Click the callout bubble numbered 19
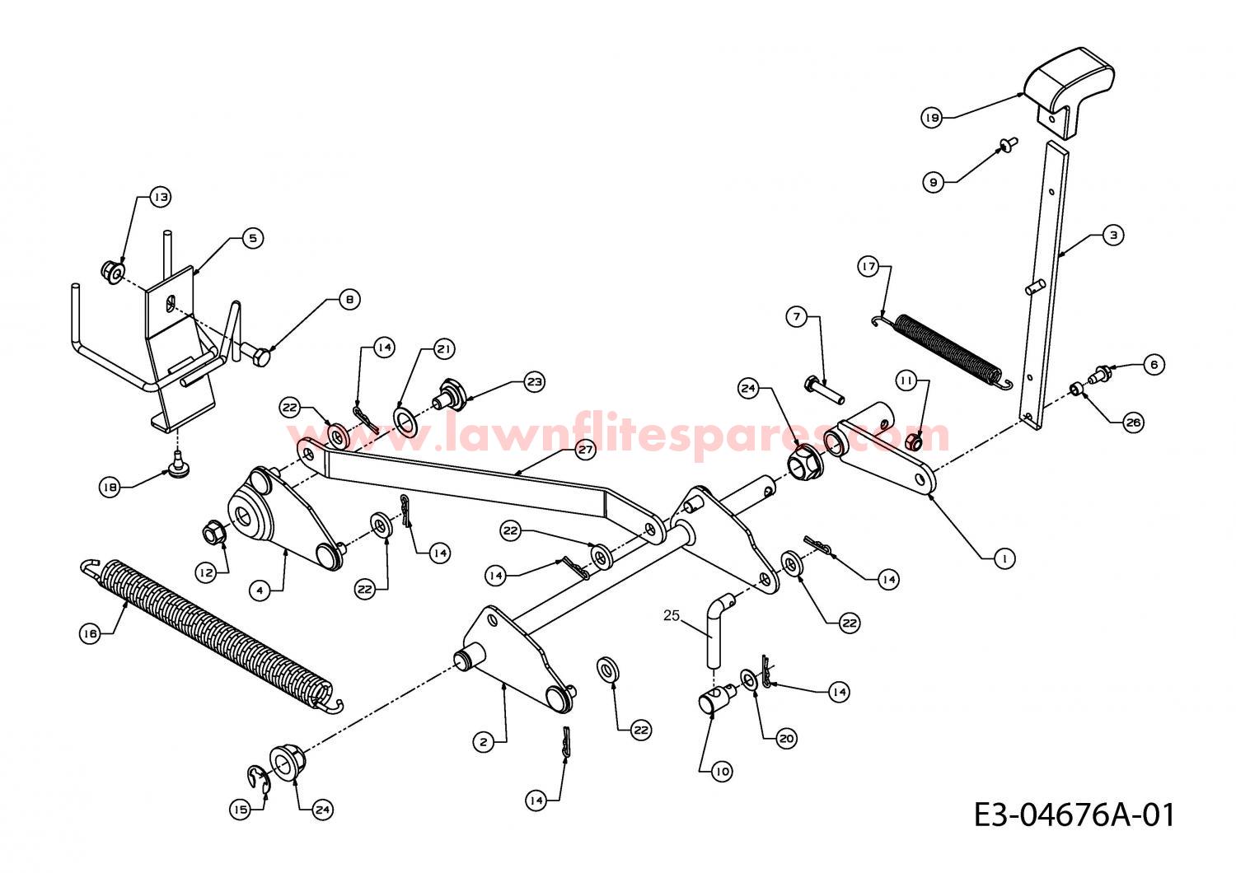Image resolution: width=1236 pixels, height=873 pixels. click(x=932, y=118)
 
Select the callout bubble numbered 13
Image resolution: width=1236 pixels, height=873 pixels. click(x=161, y=197)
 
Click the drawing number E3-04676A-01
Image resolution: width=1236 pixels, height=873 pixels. click(x=1074, y=815)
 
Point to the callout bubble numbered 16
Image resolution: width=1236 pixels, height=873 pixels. click(x=90, y=633)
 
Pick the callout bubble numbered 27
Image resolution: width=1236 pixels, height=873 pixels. click(x=585, y=450)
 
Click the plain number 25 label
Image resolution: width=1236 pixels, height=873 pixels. click(x=672, y=615)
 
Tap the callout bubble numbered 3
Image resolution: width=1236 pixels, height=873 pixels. click(x=1113, y=235)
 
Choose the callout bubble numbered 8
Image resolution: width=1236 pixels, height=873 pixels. click(x=350, y=300)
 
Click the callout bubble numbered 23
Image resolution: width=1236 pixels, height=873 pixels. click(x=534, y=381)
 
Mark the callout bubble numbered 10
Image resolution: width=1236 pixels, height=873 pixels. click(x=722, y=771)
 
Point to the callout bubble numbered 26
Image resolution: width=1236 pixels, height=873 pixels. click(x=1133, y=422)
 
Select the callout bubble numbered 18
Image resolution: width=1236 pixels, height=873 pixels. click(x=110, y=487)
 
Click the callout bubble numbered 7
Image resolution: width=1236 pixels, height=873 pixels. click(x=797, y=317)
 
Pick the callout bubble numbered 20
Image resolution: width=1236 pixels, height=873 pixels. click(x=786, y=739)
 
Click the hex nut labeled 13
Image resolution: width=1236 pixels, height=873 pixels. click(x=113, y=271)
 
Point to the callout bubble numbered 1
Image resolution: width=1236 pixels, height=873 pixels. click(x=1004, y=558)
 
